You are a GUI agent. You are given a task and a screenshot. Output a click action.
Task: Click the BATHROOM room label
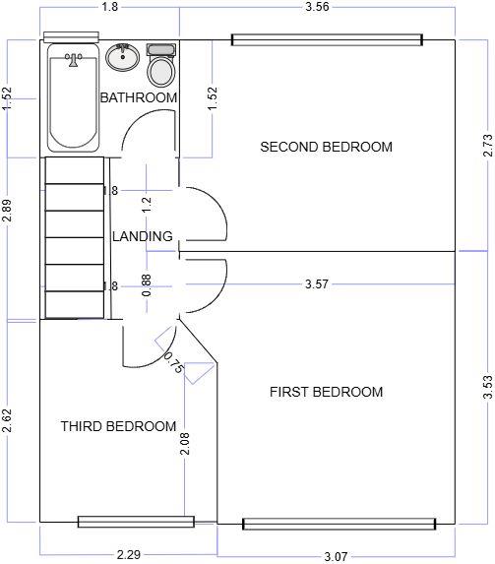coord(139,97)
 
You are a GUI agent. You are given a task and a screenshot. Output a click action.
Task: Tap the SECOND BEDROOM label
coord(326,147)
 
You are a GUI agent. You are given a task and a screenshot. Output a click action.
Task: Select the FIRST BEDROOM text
coord(326,392)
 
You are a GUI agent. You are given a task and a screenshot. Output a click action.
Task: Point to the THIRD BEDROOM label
coord(118,426)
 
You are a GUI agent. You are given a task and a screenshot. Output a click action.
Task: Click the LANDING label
coord(143,236)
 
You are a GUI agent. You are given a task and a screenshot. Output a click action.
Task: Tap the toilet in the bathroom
coord(160,67)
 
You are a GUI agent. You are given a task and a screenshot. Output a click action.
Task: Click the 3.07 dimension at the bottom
coord(336,556)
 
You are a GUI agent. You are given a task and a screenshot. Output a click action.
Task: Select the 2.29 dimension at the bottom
coord(128,555)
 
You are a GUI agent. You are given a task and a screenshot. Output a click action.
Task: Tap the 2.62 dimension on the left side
coord(7,422)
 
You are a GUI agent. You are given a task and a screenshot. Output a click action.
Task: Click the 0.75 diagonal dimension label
coord(173,362)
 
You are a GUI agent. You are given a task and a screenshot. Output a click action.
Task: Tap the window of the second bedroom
coord(327,40)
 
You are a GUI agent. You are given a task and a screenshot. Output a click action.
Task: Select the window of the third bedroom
coord(136,522)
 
